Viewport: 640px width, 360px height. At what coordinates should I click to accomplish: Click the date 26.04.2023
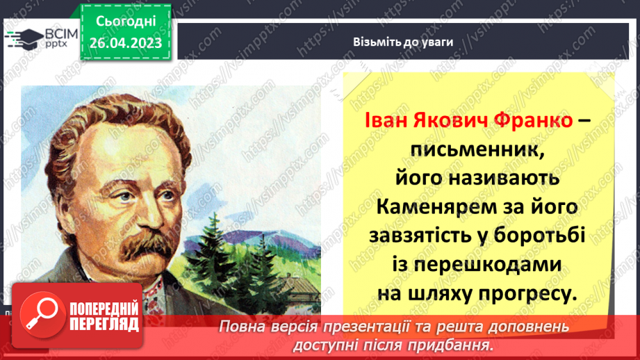click(126, 43)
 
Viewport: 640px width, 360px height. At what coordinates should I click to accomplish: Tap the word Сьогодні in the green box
click(126, 22)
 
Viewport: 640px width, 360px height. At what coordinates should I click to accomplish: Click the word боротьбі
click(545, 236)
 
